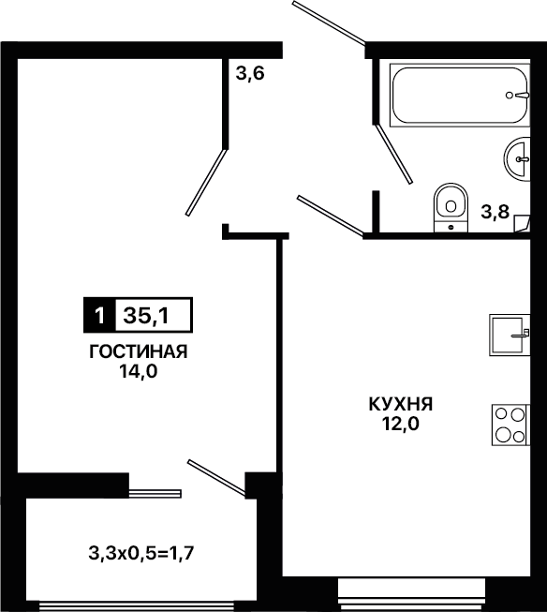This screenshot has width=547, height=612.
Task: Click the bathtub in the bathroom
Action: pyautogui.click(x=460, y=96)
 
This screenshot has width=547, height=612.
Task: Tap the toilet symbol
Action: pyautogui.click(x=451, y=207)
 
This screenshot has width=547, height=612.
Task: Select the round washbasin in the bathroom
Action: pyautogui.click(x=517, y=158)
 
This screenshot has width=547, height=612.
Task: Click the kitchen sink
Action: pyautogui.click(x=510, y=335)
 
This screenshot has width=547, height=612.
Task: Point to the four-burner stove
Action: pyautogui.click(x=510, y=425)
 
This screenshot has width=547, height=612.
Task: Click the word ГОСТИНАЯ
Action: pyautogui.click(x=139, y=352)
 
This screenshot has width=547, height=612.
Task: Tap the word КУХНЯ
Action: pyautogui.click(x=401, y=404)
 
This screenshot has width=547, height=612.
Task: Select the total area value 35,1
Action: pyautogui.click(x=146, y=315)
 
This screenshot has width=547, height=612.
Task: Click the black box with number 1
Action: pyautogui.click(x=99, y=315)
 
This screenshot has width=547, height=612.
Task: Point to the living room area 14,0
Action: pyautogui.click(x=139, y=371)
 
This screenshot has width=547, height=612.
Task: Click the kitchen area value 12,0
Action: pyautogui.click(x=401, y=424)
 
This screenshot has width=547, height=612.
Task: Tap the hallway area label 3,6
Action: pyautogui.click(x=250, y=73)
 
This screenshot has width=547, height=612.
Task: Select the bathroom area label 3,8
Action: pyautogui.click(x=495, y=213)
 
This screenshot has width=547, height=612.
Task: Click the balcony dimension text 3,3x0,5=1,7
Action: pyautogui.click(x=141, y=553)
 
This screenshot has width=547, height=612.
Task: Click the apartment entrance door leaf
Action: pyautogui.click(x=329, y=22)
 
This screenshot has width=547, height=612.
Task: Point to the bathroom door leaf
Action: pyautogui.click(x=393, y=154)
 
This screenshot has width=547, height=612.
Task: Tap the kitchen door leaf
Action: pyautogui.click(x=331, y=216)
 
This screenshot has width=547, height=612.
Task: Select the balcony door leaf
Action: pyautogui.click(x=217, y=479)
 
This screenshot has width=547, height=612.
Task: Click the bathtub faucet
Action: pyautogui.click(x=518, y=95)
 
